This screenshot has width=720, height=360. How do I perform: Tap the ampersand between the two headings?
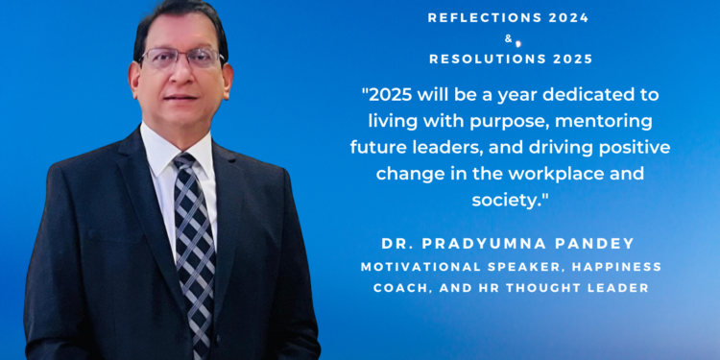(508, 38)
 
